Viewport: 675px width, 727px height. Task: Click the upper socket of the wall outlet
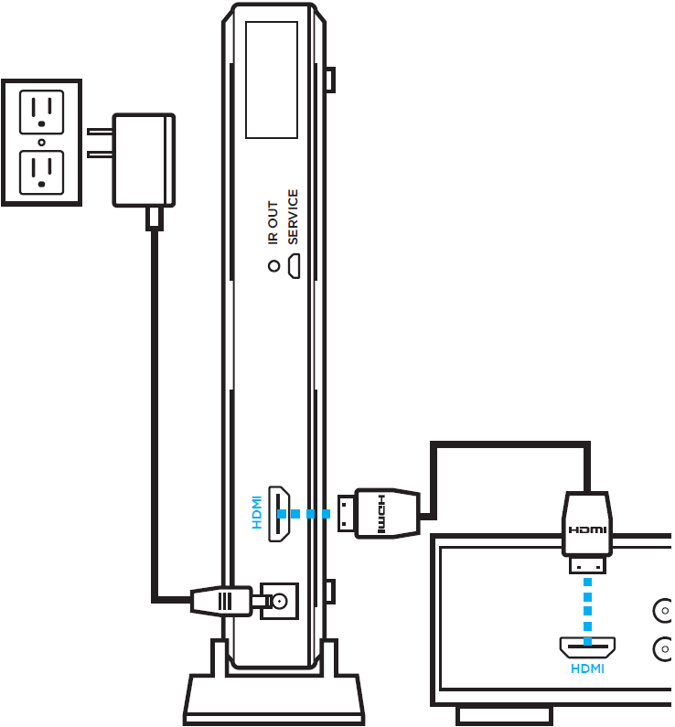coord(42,112)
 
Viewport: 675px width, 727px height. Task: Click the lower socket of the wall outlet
coord(42,173)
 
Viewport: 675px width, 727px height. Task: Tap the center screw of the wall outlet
coord(42,143)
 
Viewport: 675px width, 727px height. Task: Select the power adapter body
coord(144,160)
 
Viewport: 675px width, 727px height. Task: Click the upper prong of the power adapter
coord(100,132)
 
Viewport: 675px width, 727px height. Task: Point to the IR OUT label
coord(273,222)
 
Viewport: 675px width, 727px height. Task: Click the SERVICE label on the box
coord(293,217)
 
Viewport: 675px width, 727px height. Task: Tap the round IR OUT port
coord(274,266)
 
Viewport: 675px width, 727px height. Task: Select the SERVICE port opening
coord(294,266)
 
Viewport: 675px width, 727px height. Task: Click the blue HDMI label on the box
coord(257,512)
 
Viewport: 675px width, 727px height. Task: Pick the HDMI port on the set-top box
coord(279,514)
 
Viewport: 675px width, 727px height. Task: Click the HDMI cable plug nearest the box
coord(379,513)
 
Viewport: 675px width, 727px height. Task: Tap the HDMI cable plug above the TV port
coord(587,532)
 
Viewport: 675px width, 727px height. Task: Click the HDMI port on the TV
coord(587,647)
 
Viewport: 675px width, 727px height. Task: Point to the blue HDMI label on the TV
coord(587,668)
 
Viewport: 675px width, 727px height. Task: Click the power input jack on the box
coord(279,602)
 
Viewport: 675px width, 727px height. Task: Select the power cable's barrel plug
coord(221,602)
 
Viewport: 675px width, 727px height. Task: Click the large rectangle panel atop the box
coord(272,80)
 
